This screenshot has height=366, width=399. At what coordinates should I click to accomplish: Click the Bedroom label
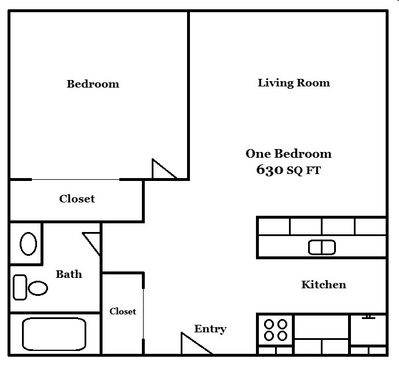[93, 84]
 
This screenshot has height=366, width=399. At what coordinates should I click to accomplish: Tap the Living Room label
[294, 83]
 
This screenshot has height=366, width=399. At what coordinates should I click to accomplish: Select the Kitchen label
[324, 285]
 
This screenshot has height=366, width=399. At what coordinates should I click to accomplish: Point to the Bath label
[69, 274]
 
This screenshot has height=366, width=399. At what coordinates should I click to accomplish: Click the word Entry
[210, 329]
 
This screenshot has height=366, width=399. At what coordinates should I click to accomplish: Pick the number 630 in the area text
[269, 170]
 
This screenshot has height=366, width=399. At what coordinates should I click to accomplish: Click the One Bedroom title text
[288, 154]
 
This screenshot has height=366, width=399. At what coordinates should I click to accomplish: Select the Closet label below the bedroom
[77, 199]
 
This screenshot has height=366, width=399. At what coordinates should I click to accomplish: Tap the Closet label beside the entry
[123, 311]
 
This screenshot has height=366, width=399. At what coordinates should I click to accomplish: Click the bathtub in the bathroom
[54, 334]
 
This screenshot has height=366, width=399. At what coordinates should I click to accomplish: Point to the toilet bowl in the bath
[39, 288]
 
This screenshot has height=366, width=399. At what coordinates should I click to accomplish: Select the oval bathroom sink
[28, 244]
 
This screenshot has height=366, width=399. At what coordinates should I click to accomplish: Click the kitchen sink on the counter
[321, 248]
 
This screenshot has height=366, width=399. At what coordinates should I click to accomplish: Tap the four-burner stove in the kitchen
[276, 329]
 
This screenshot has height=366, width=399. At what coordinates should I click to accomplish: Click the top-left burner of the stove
[269, 324]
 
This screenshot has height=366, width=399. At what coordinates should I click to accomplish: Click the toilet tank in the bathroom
[20, 287]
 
